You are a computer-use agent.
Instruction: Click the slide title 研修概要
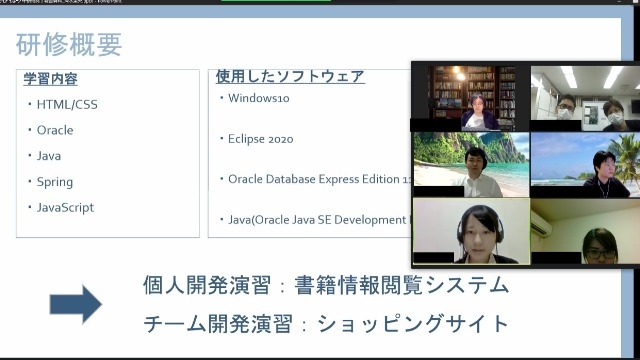69,44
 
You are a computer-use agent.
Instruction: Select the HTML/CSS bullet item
67,104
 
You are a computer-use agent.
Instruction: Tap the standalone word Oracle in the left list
55,130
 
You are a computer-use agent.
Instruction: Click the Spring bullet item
55,182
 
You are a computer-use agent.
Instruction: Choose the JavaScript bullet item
65,207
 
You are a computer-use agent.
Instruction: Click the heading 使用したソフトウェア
290,76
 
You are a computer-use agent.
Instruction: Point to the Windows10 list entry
259,98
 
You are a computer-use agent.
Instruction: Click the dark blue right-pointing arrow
76,304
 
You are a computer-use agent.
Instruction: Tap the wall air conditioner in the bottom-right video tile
541,222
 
